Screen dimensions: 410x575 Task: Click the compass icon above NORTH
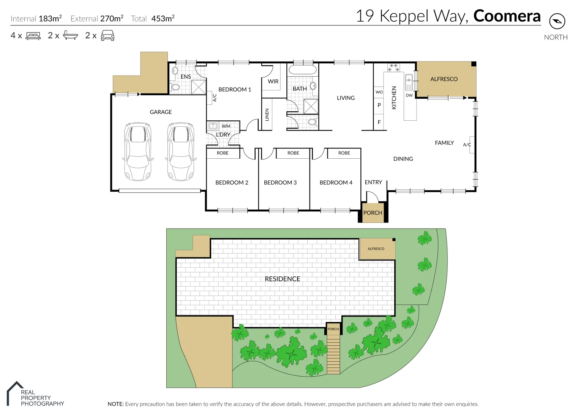pos(557,21)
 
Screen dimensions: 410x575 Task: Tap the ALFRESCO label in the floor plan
pos(444,79)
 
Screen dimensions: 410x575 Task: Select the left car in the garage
pos(137,151)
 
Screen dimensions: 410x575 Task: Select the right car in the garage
pos(180,151)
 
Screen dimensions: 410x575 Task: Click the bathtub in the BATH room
pos(302,70)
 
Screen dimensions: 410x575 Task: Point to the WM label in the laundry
pos(226,126)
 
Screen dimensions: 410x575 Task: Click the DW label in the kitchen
pos(409,95)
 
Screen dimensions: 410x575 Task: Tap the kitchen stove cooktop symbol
pos(393,68)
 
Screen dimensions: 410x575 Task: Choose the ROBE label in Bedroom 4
pos(344,153)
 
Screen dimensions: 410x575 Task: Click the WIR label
pos(273,81)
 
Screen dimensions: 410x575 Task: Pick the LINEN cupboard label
pos(267,115)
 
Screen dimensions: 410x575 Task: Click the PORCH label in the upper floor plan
pos(373,213)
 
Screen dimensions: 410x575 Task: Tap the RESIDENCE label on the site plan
pos(282,279)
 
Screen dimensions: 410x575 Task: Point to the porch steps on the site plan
pos(333,355)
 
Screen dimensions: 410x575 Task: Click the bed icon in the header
pos(33,36)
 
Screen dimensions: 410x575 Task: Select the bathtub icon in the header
pos(70,36)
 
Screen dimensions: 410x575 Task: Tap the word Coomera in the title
pos(507,16)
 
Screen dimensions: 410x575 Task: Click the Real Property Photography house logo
pos(15,393)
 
